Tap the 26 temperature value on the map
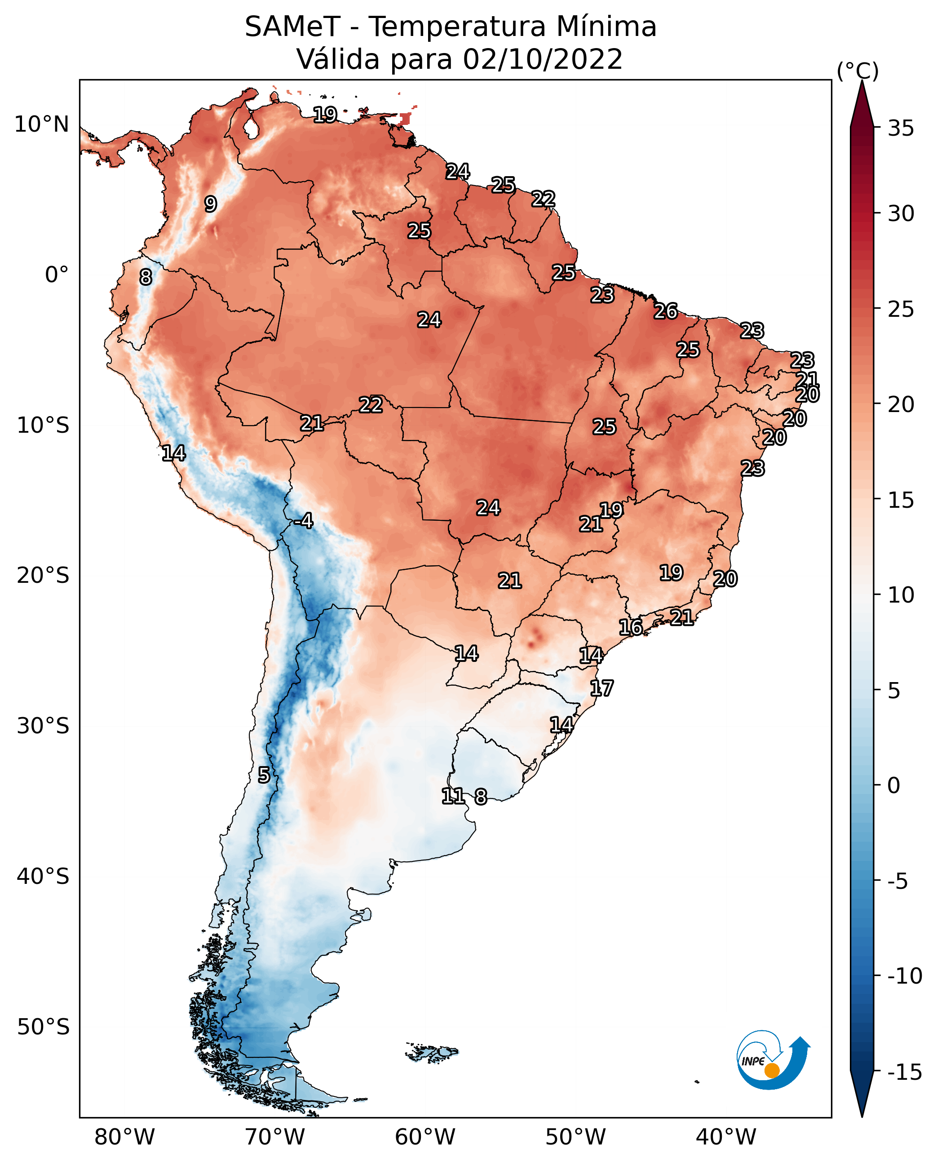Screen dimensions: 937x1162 pos(666,311)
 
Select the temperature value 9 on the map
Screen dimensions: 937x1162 pos(211,204)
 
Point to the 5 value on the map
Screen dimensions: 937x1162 pos(263,776)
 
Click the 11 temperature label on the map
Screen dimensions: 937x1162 pos(453,795)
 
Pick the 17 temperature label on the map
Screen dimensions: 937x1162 pos(601,688)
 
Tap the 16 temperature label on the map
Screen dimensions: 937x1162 pos(630,627)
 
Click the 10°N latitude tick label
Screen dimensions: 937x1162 pos(42,125)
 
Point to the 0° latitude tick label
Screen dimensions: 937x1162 pos(57,275)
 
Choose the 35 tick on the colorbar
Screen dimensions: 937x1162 pos(901,129)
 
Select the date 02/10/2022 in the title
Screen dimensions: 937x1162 pos(543,59)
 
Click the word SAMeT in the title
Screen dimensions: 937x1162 pos(292,27)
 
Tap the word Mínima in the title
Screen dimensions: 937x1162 pos(606,27)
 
